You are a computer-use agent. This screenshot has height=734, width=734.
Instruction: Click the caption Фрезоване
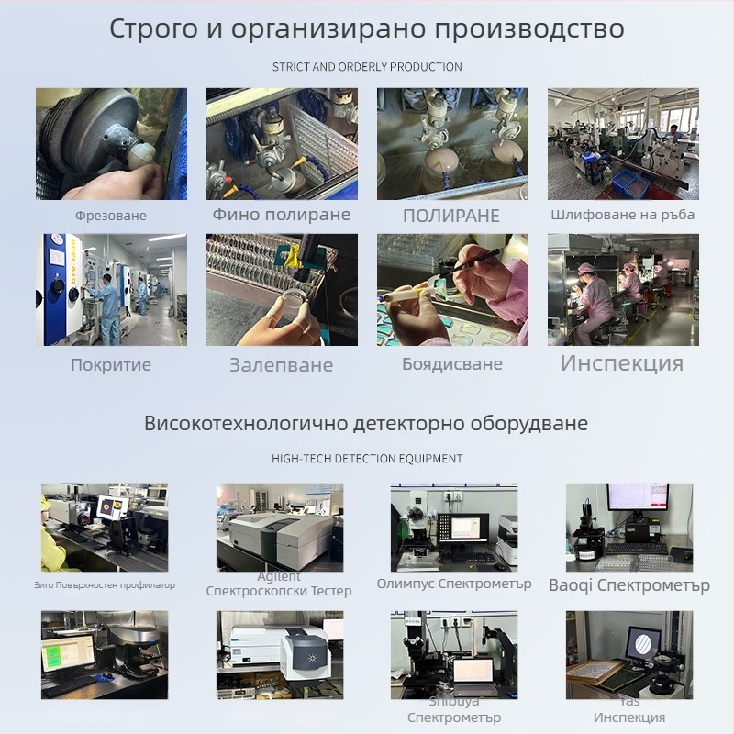click(111, 216)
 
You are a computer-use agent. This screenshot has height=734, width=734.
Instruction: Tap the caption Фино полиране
click(282, 214)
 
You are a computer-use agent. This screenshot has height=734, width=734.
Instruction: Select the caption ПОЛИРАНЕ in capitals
click(451, 216)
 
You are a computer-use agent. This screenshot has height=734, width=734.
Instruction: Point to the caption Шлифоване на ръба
click(623, 214)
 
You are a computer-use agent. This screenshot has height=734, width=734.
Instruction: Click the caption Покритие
click(111, 364)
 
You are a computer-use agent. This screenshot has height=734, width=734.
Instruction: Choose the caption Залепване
click(282, 365)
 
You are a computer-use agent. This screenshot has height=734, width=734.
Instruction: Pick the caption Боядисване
click(452, 363)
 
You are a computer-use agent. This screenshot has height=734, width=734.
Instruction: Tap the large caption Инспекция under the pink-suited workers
click(622, 362)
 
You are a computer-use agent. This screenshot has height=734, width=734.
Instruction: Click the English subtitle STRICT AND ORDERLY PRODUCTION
click(367, 67)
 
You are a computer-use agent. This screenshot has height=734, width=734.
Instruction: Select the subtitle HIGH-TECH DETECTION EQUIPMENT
click(367, 458)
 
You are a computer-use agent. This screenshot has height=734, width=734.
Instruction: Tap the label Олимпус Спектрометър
click(454, 584)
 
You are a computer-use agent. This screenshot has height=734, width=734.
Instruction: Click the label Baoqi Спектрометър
click(629, 584)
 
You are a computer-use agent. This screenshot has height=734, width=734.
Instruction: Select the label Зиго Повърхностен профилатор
click(104, 584)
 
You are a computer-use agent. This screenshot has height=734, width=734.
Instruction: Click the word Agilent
click(279, 577)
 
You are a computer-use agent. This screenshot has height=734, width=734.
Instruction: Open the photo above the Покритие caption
click(111, 289)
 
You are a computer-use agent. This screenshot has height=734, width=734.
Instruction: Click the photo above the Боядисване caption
click(452, 289)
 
